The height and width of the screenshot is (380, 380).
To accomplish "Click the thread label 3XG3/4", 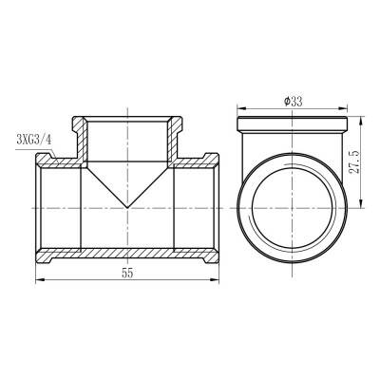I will click(34, 140).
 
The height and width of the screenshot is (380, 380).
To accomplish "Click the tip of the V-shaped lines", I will click(126, 208).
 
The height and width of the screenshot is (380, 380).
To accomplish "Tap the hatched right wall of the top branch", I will click(176, 138).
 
